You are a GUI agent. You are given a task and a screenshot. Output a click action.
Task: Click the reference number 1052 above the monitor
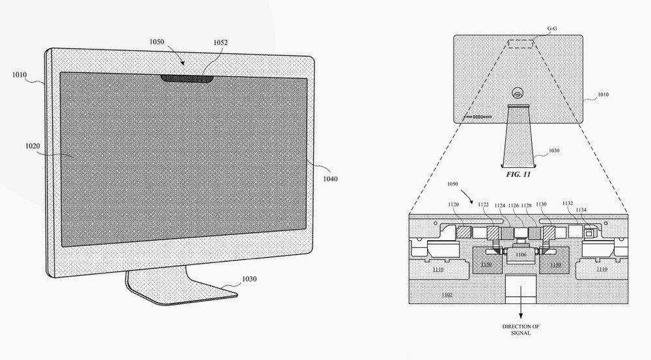[220, 43]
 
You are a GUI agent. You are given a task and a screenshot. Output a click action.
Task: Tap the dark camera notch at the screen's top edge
[188, 79]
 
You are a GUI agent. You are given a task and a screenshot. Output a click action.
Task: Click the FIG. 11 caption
[519, 175]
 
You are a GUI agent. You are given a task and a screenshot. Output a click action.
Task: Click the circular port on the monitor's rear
[518, 93]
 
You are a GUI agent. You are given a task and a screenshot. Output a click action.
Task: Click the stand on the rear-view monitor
[519, 140]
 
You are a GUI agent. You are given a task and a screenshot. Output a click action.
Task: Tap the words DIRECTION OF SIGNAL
[519, 329]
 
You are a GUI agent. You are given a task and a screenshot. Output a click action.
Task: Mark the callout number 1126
[514, 204]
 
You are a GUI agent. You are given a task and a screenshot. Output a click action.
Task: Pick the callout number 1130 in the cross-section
[542, 204]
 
